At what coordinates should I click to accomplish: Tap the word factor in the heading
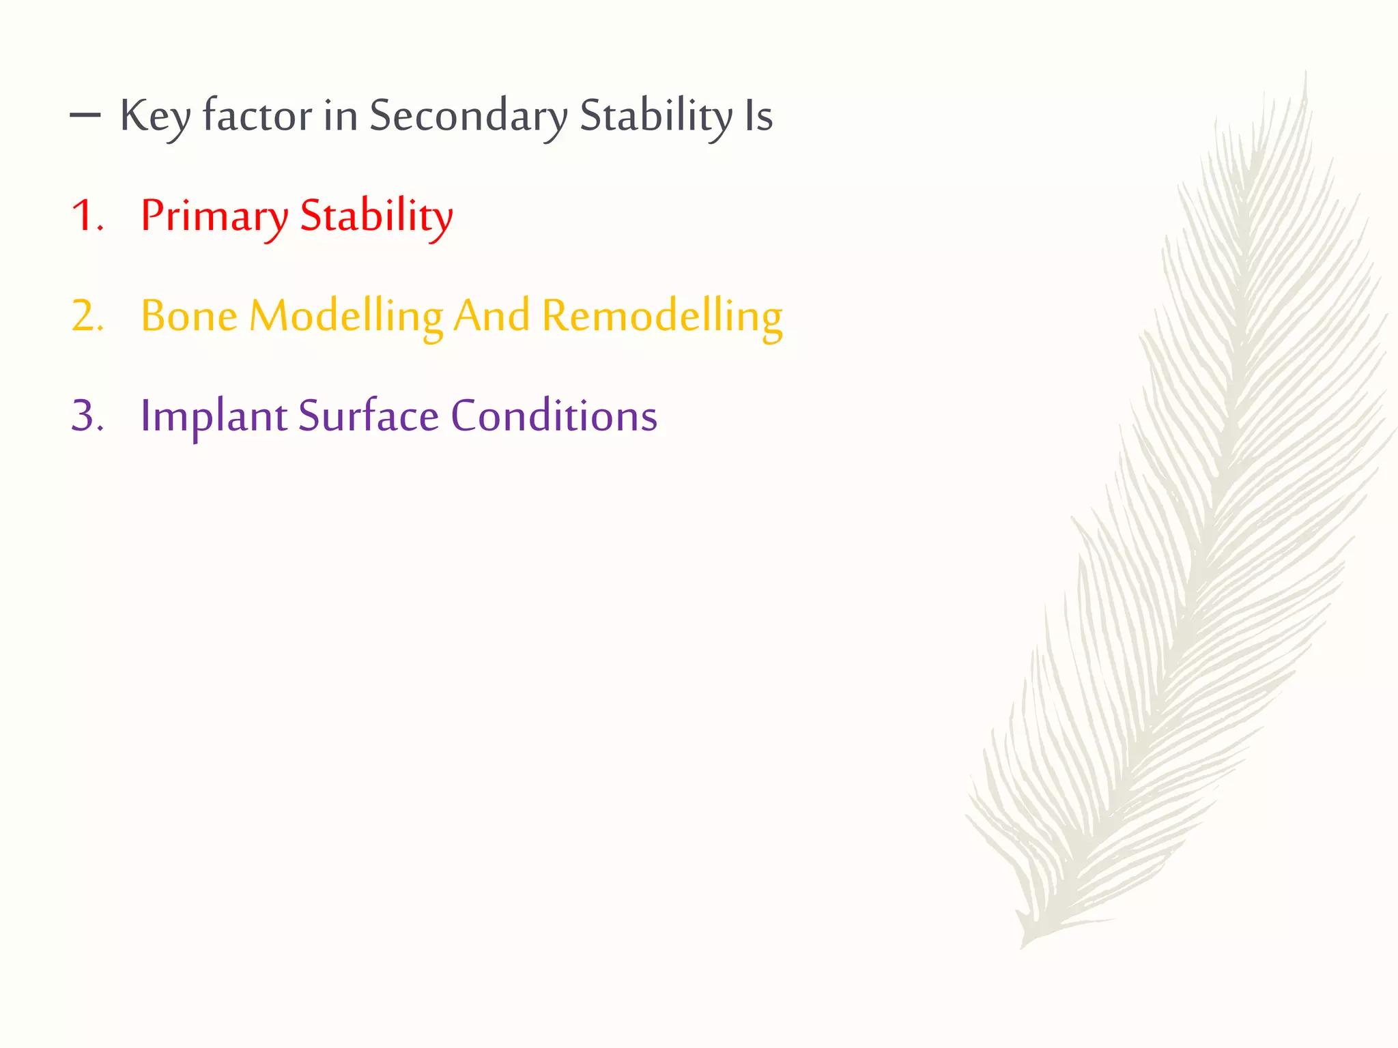pyautogui.click(x=257, y=116)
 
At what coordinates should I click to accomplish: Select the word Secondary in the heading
pyautogui.click(x=468, y=116)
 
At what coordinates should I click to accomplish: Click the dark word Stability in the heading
pyautogui.click(x=656, y=116)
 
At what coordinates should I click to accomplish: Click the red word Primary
pyautogui.click(x=214, y=216)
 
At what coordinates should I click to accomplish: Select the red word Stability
pyautogui.click(x=376, y=216)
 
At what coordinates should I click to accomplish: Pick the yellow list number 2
pyautogui.click(x=86, y=317)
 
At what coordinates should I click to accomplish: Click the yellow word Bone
pyautogui.click(x=189, y=317)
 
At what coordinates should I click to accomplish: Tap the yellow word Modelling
pyautogui.click(x=346, y=317)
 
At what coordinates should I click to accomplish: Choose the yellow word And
pyautogui.click(x=491, y=317)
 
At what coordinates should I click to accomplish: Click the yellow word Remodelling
pyautogui.click(x=662, y=317)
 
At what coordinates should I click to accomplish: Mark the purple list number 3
pyautogui.click(x=86, y=416)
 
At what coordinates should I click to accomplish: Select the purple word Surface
pyautogui.click(x=369, y=416)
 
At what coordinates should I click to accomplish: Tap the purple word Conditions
pyautogui.click(x=554, y=416)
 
